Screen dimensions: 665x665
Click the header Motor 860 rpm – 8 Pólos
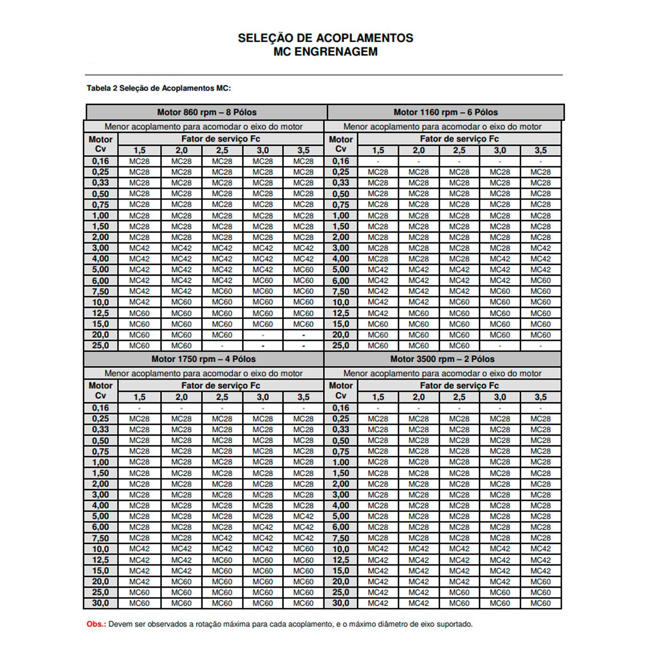pyautogui.click(x=207, y=112)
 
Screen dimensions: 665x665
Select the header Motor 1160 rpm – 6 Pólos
pyautogui.click(x=446, y=112)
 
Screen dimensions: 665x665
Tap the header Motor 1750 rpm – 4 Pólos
pyautogui.click(x=203, y=359)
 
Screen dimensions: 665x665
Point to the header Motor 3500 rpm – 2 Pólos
pyautogui.click(x=442, y=359)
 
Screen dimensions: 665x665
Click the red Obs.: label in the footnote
pyautogui.click(x=96, y=624)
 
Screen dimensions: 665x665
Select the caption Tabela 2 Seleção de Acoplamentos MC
pyautogui.click(x=159, y=88)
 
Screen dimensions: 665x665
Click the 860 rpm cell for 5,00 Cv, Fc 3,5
pyautogui.click(x=303, y=270)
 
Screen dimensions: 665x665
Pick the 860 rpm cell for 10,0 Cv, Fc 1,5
pyautogui.click(x=139, y=302)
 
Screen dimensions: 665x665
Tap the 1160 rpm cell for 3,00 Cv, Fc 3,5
pyautogui.click(x=540, y=248)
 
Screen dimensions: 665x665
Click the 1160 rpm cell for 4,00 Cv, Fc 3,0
pyautogui.click(x=500, y=259)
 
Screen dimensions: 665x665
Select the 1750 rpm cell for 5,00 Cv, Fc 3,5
pyautogui.click(x=303, y=516)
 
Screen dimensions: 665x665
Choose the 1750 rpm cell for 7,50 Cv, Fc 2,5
pyautogui.click(x=222, y=538)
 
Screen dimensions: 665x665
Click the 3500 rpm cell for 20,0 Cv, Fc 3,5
pyautogui.click(x=540, y=582)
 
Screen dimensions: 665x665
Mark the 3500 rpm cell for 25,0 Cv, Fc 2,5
pyautogui.click(x=459, y=592)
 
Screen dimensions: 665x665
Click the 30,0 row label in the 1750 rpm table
pyautogui.click(x=101, y=603)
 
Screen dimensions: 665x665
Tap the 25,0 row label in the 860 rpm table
pyautogui.click(x=101, y=345)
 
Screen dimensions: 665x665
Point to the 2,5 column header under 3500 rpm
pyautogui.click(x=459, y=397)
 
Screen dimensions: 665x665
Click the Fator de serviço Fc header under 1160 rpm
pyautogui.click(x=459, y=139)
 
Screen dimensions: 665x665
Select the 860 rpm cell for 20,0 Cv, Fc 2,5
pyautogui.click(x=222, y=335)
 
